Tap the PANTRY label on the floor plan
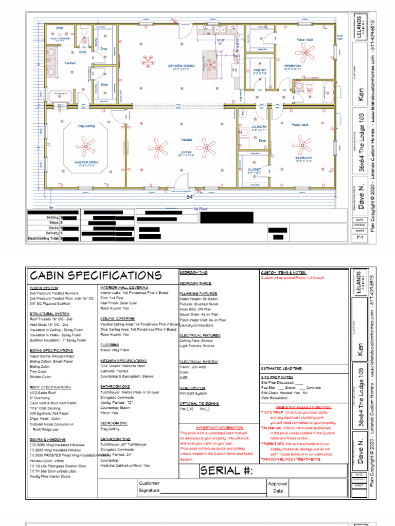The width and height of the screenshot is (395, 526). click(x=260, y=71)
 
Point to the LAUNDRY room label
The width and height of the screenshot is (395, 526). click(x=259, y=126)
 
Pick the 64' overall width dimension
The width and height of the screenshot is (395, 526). click(x=190, y=197)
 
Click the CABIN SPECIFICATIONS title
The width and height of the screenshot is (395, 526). click(x=95, y=276)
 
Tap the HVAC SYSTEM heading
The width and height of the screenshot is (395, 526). click(x=192, y=388)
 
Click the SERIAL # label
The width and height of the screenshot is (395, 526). click(x=226, y=471)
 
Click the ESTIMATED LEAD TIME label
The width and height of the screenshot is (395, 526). click(x=281, y=368)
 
